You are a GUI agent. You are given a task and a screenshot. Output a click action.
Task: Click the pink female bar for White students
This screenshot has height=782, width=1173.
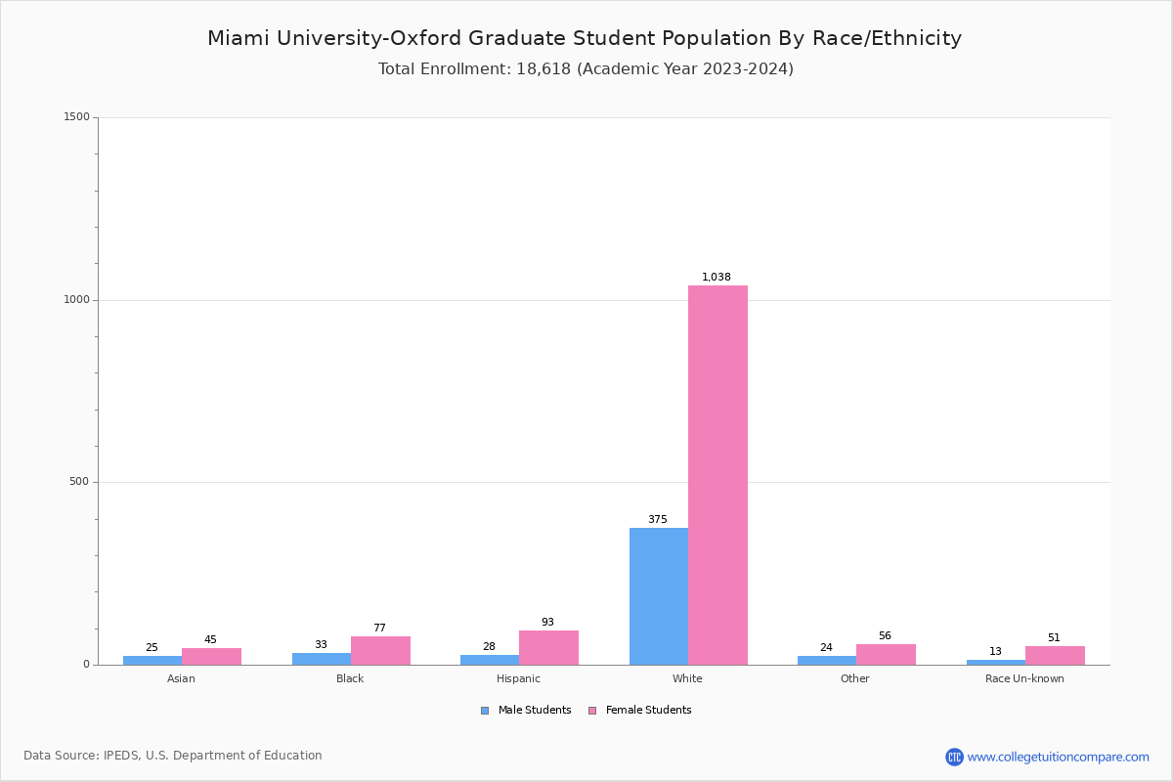tap(717, 475)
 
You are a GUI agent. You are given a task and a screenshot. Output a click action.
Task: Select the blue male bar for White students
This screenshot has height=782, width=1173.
tap(658, 596)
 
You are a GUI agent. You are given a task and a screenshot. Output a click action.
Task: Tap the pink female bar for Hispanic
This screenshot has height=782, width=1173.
tap(548, 647)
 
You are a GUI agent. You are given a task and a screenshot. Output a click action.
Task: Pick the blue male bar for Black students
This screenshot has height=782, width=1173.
tap(321, 659)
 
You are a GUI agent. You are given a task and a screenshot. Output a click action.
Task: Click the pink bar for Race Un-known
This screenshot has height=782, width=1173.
tap(1055, 655)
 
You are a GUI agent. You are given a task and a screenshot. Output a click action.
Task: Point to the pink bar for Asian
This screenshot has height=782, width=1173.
tap(211, 656)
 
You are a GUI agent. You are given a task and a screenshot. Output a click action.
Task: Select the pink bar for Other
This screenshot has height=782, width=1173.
tap(886, 654)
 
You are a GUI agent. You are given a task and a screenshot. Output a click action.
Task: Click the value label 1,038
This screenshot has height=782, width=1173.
tap(717, 278)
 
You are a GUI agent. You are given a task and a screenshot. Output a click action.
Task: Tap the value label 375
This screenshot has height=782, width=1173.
tap(658, 520)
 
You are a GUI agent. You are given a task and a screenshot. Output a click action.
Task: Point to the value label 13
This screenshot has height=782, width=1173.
tap(995, 652)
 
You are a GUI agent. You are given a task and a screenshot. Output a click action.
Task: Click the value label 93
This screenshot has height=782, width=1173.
tap(548, 623)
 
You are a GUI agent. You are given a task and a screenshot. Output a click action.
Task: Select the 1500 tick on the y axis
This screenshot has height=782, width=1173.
tap(76, 117)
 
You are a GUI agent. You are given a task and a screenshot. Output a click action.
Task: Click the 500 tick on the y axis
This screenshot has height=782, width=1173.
tap(79, 482)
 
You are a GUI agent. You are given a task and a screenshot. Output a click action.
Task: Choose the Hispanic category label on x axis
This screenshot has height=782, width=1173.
tap(518, 678)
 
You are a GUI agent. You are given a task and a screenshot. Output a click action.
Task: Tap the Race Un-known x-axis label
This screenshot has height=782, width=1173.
tap(1024, 678)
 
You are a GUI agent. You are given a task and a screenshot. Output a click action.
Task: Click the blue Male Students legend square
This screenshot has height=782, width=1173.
tap(485, 711)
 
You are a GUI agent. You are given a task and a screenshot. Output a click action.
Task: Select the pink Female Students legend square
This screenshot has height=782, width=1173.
tap(592, 711)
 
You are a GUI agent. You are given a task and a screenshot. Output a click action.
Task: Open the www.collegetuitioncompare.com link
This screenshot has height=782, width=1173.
tap(1058, 757)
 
